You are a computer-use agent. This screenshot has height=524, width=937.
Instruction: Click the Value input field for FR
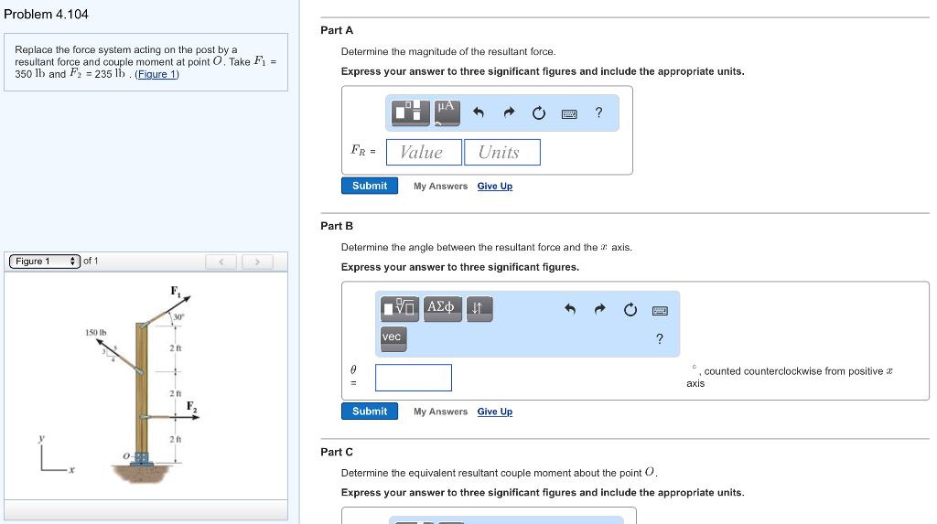424,152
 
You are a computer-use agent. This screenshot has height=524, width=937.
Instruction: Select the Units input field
501,152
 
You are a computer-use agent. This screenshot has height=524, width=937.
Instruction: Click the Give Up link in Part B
494,412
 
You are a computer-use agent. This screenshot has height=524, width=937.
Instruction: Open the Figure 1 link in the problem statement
156,74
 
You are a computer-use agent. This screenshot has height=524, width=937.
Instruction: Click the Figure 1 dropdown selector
43,262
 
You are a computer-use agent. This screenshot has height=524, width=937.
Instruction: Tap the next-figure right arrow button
258,262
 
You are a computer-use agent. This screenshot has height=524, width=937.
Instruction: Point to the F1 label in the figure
175,291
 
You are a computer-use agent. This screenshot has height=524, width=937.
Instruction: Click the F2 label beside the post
192,405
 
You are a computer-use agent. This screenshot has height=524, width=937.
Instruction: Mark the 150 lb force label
96,331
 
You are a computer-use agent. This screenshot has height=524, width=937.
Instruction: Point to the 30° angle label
178,316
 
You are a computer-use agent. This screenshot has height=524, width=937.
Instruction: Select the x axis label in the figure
71,470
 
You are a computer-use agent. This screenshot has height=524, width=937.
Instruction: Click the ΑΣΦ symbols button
441,307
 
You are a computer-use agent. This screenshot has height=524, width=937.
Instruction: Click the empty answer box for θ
413,377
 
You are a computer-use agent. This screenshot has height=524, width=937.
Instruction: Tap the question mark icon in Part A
598,112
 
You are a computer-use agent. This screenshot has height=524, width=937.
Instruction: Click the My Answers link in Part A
440,187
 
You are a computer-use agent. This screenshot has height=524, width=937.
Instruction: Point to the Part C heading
337,452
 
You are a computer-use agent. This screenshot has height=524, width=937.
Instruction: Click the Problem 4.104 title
47,14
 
